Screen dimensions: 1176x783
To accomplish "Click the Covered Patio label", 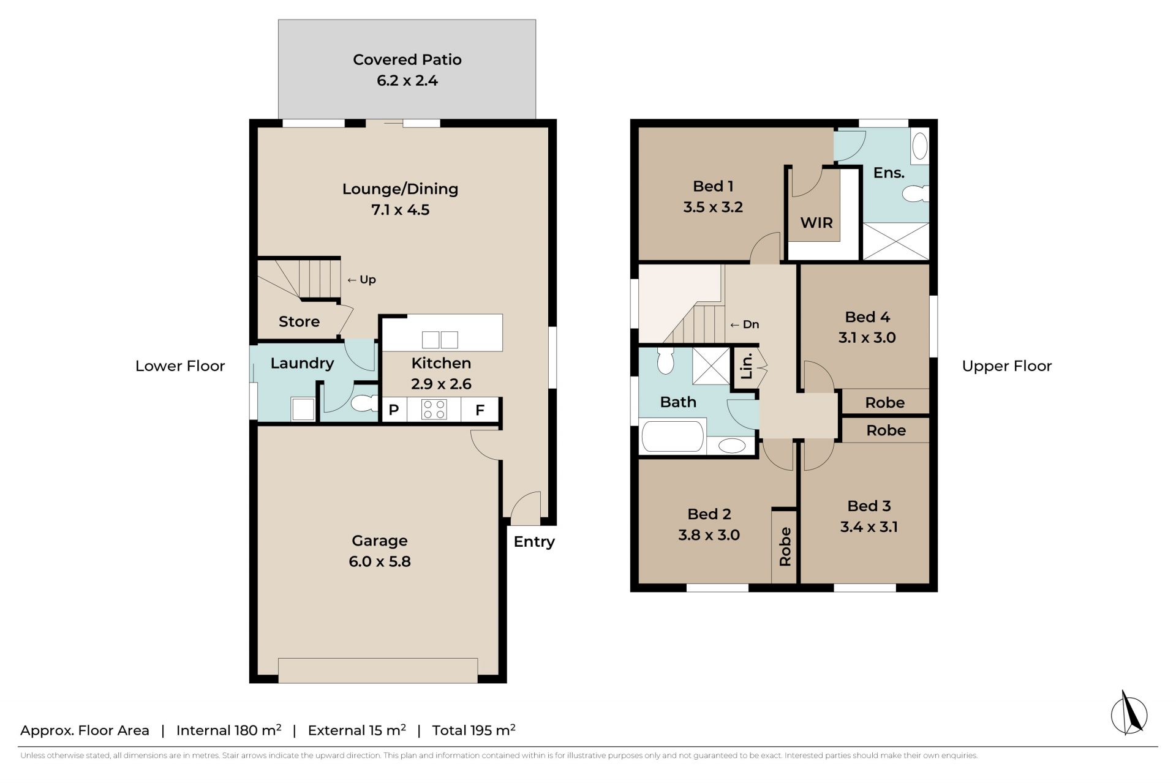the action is pyautogui.click(x=407, y=59).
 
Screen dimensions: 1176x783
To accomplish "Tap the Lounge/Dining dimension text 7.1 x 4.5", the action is pyautogui.click(x=401, y=209).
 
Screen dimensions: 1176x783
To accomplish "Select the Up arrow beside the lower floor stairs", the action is pyautogui.click(x=352, y=280).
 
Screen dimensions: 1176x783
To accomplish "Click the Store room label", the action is pyautogui.click(x=299, y=321).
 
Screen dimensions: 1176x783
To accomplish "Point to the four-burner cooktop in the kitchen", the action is pyautogui.click(x=434, y=409).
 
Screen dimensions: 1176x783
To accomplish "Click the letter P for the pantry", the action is pyautogui.click(x=394, y=410).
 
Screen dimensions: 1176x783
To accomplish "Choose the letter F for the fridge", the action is pyautogui.click(x=480, y=410).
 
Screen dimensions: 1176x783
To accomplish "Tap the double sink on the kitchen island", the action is pyautogui.click(x=440, y=340).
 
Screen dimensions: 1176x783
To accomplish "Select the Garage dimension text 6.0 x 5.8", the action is pyautogui.click(x=380, y=561).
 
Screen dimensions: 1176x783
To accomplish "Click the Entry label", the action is pyautogui.click(x=534, y=542).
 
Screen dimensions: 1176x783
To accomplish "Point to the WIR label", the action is pyautogui.click(x=816, y=223).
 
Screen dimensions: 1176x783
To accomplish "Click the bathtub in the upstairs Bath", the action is pyautogui.click(x=673, y=436).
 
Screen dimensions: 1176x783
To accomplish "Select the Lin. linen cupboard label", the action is pyautogui.click(x=747, y=366).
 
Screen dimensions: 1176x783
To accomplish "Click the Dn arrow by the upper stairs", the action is pyautogui.click(x=735, y=325).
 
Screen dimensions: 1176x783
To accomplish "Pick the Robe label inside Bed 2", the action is pyautogui.click(x=785, y=546).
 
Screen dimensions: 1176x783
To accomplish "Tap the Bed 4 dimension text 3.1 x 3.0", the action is pyautogui.click(x=867, y=337).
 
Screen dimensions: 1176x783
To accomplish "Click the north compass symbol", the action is pyautogui.click(x=1129, y=713).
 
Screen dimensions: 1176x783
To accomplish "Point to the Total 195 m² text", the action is pyautogui.click(x=473, y=730).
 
